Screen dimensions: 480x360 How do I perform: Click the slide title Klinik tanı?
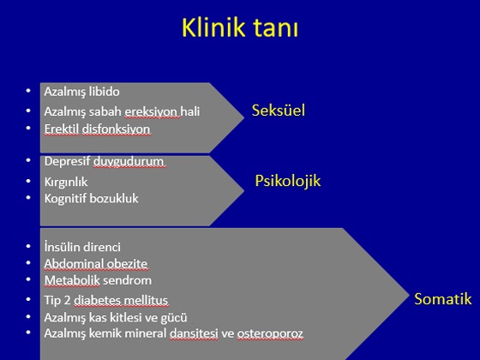click(x=240, y=27)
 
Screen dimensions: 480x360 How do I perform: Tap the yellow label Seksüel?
click(x=279, y=111)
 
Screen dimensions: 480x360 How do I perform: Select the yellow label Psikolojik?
click(x=288, y=181)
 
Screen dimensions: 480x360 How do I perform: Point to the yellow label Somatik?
click(x=442, y=299)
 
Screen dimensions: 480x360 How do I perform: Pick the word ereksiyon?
click(x=151, y=111)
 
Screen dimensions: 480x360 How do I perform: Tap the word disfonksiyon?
click(x=116, y=129)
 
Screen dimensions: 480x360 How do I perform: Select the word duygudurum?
click(x=129, y=161)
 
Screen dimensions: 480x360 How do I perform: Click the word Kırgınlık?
click(x=66, y=182)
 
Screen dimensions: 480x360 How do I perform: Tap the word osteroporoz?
click(x=270, y=333)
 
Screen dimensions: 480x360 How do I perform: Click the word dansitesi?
click(x=194, y=333)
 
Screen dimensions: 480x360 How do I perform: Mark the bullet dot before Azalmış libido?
click(x=28, y=90)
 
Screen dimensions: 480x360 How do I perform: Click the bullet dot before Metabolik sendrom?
click(x=28, y=279)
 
